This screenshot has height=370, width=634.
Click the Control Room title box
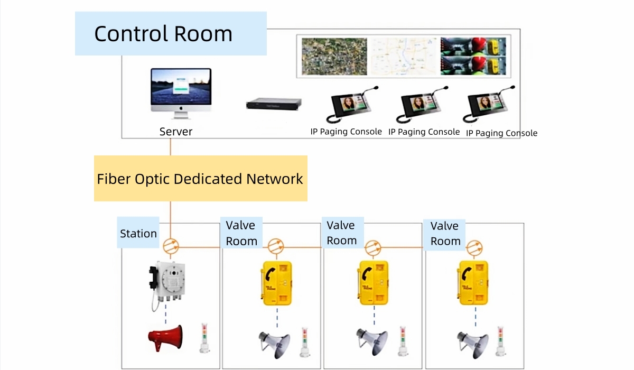pos(171,33)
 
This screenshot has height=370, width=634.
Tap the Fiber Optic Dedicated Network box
pos(201,178)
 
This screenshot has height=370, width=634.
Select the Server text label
pos(176,132)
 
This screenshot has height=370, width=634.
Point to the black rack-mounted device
pos(274,104)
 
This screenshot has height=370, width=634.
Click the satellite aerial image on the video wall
pos(334,57)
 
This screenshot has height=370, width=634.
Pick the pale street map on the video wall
pos(404,57)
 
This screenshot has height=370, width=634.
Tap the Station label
pos(138,234)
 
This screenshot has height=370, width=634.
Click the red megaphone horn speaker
pos(165,338)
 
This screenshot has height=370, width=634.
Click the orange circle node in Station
pos(171,246)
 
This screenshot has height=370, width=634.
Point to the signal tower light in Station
pos(204,338)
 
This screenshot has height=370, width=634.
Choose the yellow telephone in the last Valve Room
pos(473,283)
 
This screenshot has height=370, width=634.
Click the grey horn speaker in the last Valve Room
pos(473,344)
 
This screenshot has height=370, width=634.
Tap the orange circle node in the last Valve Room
pos(474,248)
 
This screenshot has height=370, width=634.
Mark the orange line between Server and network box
pos(170,147)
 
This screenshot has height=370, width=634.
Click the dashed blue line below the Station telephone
pos(165,314)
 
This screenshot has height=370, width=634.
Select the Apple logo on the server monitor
pos(181,108)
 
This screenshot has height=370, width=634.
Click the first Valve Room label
pos(241,233)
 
